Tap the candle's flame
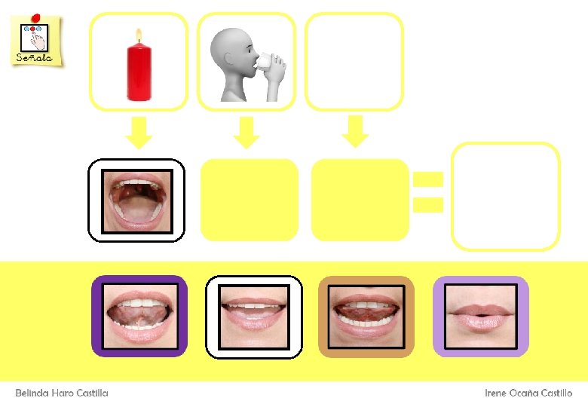(x=138, y=35)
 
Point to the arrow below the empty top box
(x=354, y=131)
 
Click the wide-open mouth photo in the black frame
(x=136, y=200)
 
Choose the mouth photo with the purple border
(x=139, y=316)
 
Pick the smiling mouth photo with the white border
(x=254, y=317)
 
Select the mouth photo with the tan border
(x=366, y=317)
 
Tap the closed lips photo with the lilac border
(x=480, y=317)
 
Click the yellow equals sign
(x=427, y=191)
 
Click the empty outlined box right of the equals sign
(x=505, y=196)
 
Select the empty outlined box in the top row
(x=354, y=60)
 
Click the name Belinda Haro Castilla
(x=62, y=393)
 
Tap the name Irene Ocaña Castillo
(x=528, y=393)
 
